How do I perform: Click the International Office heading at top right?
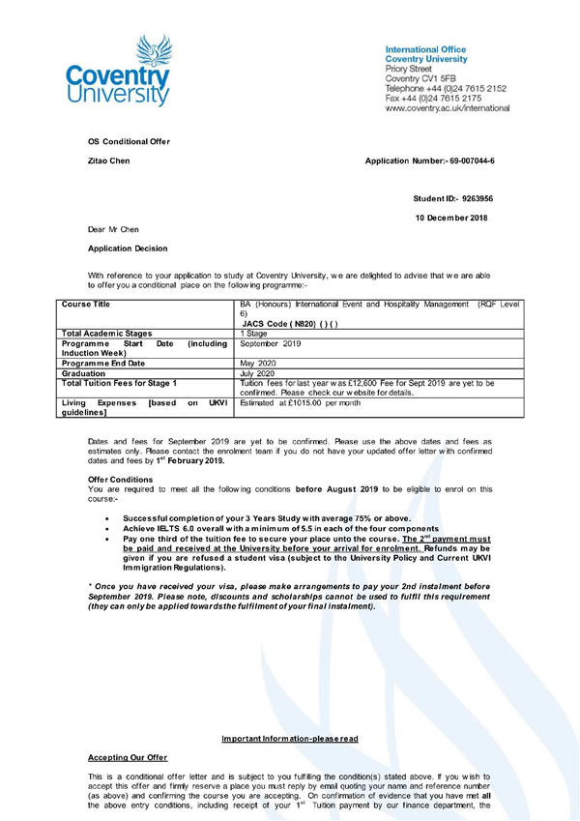pos(425,49)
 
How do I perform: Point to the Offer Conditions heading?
pos(120,480)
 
